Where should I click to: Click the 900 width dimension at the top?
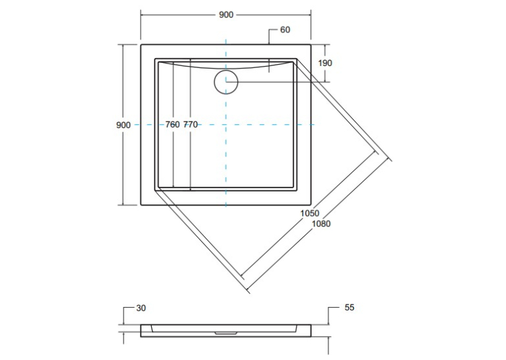pos(226,15)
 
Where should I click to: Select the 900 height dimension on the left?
pos(124,125)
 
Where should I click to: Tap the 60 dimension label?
pos(285,30)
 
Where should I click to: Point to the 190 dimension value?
pos(325,63)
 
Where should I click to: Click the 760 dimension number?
pos(172,125)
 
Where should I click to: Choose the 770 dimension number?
pos(190,125)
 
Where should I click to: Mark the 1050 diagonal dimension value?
pos(310,213)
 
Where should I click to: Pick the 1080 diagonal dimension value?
pos(322,223)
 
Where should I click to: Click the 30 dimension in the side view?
pos(141,308)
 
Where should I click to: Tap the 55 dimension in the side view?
pos(349,307)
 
